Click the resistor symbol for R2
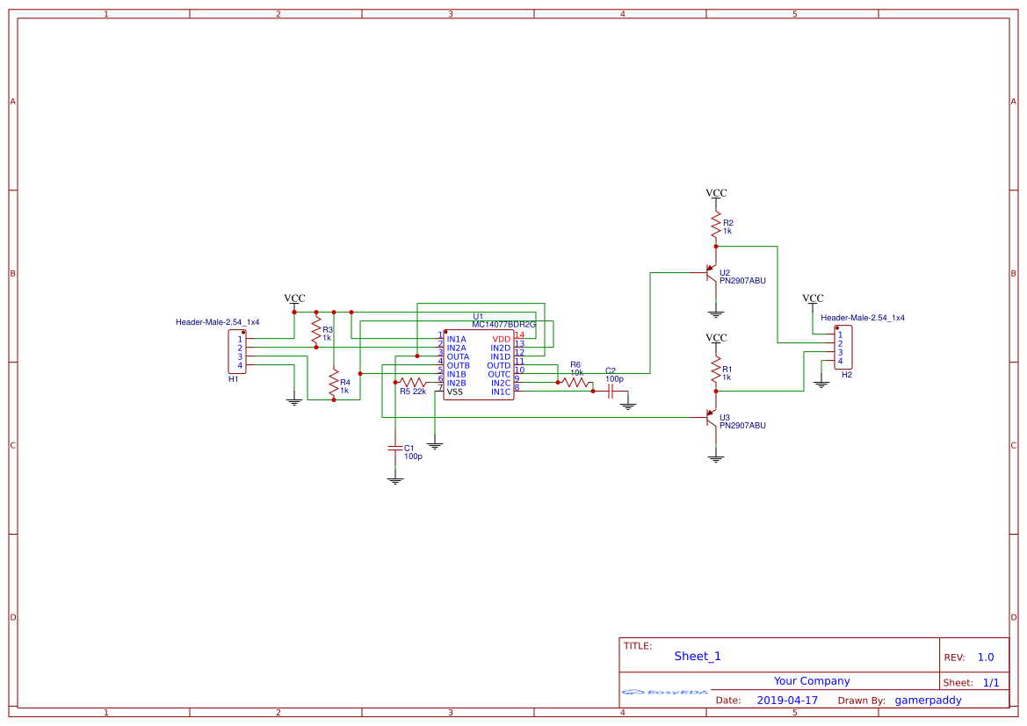click(x=716, y=225)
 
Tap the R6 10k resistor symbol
click(x=576, y=383)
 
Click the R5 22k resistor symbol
click(x=411, y=383)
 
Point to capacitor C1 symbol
click(x=394, y=448)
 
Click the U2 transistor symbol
click(x=712, y=277)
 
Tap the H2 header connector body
click(x=842, y=348)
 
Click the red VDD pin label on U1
click(x=501, y=339)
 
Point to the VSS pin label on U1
click(x=454, y=392)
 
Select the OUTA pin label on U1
click(x=458, y=356)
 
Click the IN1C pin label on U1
click(x=501, y=392)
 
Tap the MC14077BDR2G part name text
click(x=503, y=325)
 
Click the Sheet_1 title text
click(x=698, y=656)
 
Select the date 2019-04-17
click(x=787, y=701)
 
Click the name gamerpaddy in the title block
click(x=928, y=701)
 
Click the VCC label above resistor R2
click(x=716, y=193)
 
